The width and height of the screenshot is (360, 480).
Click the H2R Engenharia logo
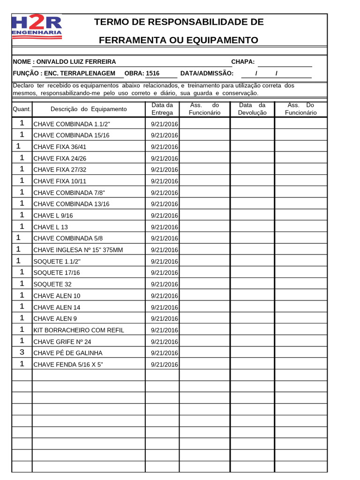pyautogui.click(x=37, y=27)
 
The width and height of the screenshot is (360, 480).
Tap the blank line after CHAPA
pyautogui.click(x=285, y=62)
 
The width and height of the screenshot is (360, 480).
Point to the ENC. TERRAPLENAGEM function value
pyautogui.click(x=80, y=73)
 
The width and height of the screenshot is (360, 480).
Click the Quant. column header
pyautogui.click(x=22, y=109)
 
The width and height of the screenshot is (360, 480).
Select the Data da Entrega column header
pyautogui.click(x=162, y=109)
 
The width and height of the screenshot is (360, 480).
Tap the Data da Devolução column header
pyautogui.click(x=252, y=109)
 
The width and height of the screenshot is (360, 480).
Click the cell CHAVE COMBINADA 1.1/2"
pyautogui.click(x=72, y=124)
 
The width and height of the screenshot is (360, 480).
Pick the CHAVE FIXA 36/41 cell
pyautogui.click(x=60, y=147)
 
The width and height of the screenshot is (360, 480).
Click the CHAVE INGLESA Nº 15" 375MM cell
pyautogui.click(x=78, y=250)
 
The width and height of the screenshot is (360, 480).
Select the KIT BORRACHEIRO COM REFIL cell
pyautogui.click(x=79, y=330)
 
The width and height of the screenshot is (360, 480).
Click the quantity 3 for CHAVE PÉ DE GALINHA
pyautogui.click(x=22, y=352)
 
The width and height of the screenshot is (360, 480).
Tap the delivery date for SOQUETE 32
pyautogui.click(x=164, y=284)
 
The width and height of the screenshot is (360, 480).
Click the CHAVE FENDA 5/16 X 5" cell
pyautogui.click(x=68, y=364)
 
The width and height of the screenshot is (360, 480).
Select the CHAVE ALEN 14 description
pyautogui.click(x=57, y=307)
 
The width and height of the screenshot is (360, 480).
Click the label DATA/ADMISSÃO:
pyautogui.click(x=207, y=73)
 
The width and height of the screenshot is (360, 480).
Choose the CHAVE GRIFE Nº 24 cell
pyautogui.click(x=62, y=342)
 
